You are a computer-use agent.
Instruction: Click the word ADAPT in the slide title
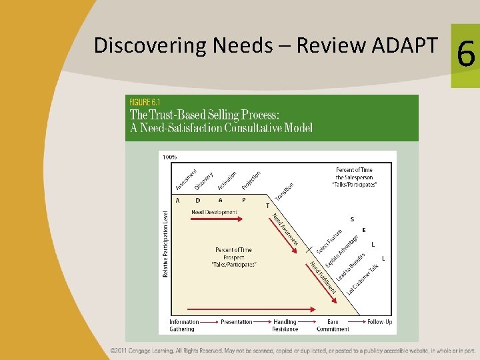click(403, 45)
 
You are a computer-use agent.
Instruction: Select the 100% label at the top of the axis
click(170, 157)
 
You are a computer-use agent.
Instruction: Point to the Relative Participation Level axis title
click(165, 244)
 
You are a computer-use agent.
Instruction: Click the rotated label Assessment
click(186, 178)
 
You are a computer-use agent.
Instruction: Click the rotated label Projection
click(251, 181)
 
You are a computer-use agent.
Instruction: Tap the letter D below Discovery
click(197, 200)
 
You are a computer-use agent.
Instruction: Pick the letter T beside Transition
click(268, 206)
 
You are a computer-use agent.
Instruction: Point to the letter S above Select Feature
click(352, 219)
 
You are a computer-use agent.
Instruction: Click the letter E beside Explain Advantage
click(363, 230)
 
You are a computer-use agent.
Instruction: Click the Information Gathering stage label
click(184, 325)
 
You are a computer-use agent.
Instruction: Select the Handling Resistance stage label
click(285, 325)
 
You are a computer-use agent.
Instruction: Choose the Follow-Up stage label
click(379, 322)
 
